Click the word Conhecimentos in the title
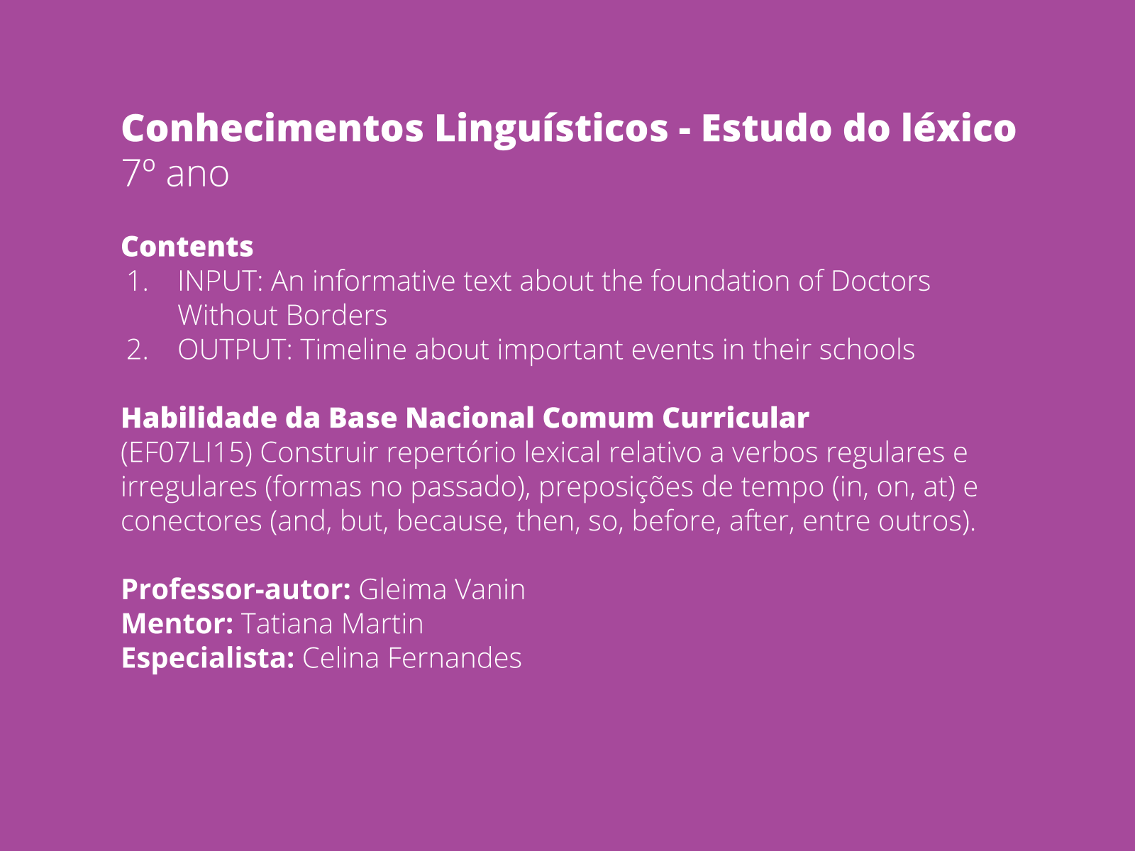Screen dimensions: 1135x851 [272, 128]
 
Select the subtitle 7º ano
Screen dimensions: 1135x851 [175, 174]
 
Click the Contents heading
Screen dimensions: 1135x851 [187, 247]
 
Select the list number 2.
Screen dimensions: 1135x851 [138, 350]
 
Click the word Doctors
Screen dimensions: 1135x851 [880, 281]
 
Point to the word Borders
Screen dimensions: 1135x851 [336, 315]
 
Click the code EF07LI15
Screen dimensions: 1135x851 [187, 452]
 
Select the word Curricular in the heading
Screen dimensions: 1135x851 [736, 418]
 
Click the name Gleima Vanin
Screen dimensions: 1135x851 [442, 589]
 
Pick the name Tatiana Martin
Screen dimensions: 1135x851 [333, 623]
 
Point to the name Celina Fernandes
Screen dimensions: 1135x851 [412, 658]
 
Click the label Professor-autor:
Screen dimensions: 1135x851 [236, 589]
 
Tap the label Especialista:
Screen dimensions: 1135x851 [208, 659]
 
